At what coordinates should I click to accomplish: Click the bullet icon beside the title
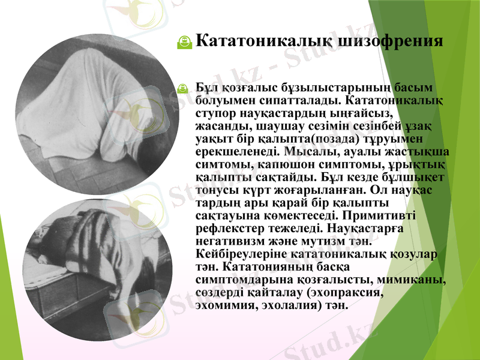click(x=185, y=41)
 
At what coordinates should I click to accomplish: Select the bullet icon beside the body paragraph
click(x=185, y=88)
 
